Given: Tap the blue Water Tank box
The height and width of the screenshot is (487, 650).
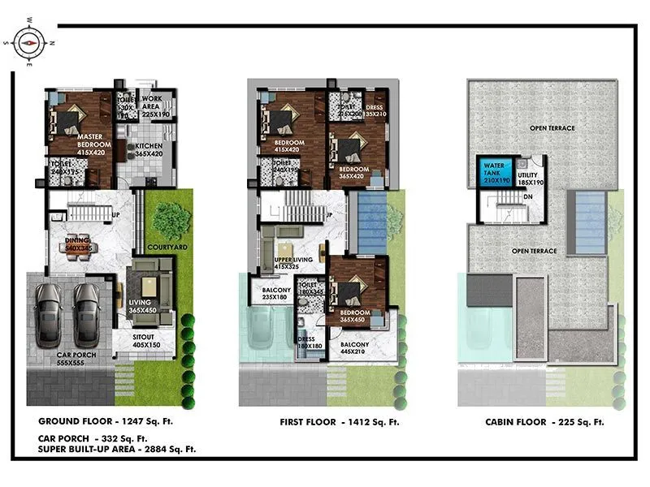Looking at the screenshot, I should click(x=490, y=175).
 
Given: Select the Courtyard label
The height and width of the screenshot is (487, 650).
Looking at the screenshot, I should click(x=168, y=247).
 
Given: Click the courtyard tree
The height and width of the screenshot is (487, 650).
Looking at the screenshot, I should click(x=171, y=220).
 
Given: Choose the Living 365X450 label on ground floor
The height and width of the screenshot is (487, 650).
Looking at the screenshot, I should click(x=147, y=304).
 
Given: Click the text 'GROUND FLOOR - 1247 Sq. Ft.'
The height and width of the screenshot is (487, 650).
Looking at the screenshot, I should click(x=106, y=422).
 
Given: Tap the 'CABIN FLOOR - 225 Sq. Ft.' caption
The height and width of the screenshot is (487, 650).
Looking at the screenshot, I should click(x=544, y=422).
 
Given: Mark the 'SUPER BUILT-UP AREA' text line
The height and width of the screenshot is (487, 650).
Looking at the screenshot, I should click(x=117, y=449).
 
